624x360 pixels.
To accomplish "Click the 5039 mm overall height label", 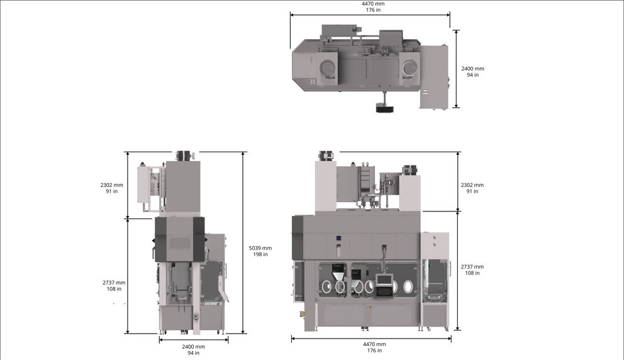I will [x=260, y=251].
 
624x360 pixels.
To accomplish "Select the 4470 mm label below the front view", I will [x=374, y=347].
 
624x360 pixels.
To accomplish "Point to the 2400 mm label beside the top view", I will [x=472, y=72].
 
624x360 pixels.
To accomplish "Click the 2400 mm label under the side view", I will [x=193, y=350].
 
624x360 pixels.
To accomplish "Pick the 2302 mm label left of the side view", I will [x=112, y=188].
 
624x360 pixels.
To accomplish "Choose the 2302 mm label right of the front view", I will [x=472, y=188].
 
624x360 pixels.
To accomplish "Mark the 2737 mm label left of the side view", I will [x=114, y=286].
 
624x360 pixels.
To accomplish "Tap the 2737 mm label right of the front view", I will [x=472, y=269].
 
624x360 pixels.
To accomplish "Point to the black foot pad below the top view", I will [x=384, y=108].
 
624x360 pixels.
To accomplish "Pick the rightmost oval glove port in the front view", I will [x=409, y=288].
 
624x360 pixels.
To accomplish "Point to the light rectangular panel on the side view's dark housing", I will [x=180, y=242].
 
